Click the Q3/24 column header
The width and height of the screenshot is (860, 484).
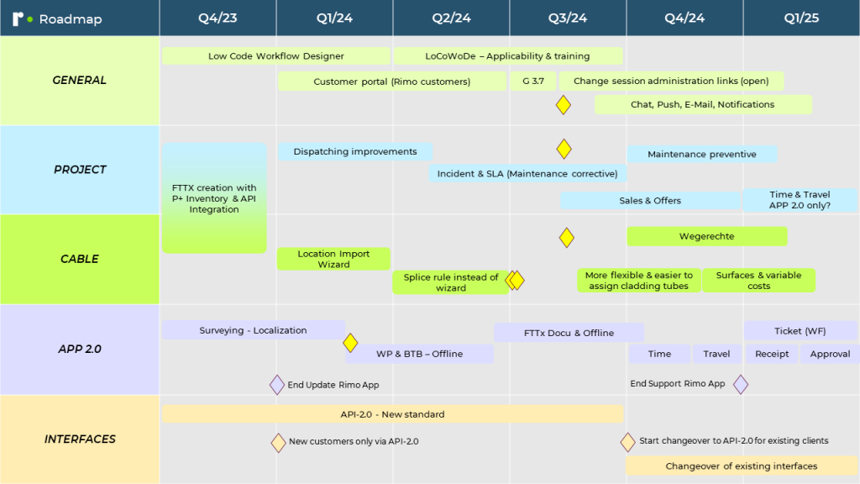click(568, 18)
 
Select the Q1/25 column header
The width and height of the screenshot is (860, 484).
click(801, 18)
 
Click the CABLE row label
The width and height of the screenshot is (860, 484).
click(79, 259)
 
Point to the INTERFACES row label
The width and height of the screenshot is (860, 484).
click(79, 439)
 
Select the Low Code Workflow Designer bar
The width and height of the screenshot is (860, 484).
click(275, 56)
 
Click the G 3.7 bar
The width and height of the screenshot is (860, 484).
click(532, 82)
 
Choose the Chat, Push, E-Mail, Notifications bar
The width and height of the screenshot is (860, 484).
click(702, 105)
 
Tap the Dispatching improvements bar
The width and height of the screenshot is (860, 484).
click(354, 152)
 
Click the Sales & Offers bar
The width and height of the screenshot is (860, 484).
click(650, 201)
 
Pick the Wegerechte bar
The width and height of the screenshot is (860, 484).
click(706, 237)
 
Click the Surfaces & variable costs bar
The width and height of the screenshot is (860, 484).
click(758, 281)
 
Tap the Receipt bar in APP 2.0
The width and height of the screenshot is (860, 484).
click(771, 355)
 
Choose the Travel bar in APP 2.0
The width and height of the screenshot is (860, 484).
click(716, 355)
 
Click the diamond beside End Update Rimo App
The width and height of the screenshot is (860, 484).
click(277, 385)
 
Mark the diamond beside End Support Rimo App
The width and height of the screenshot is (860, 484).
click(740, 384)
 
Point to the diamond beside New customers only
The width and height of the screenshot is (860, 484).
click(278, 442)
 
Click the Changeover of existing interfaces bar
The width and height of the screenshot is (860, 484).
click(741, 466)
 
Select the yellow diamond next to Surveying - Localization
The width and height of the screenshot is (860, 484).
click(350, 343)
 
